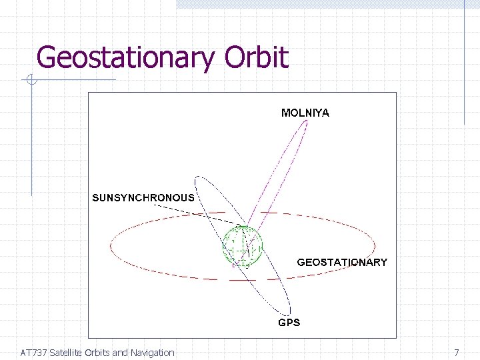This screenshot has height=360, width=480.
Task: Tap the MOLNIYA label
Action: coord(305,113)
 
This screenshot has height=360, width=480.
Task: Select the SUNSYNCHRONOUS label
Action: coord(143,197)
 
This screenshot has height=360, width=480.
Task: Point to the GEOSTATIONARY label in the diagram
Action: coord(342,262)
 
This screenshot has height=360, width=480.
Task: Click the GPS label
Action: coord(289,322)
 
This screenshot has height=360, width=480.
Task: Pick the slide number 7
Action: coord(457,353)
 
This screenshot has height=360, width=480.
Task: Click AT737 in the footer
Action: coord(33,353)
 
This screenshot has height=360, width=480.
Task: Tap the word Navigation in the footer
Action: coord(152,353)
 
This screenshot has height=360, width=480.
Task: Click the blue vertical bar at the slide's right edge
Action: coord(464,67)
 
